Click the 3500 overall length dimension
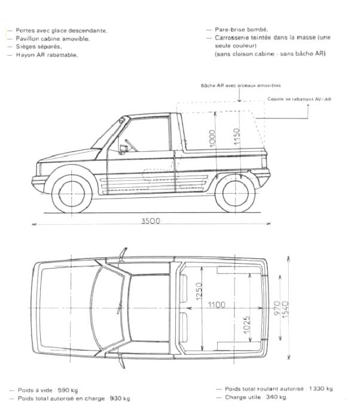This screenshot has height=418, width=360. [x=151, y=221]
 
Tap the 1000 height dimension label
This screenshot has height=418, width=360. [x=212, y=138]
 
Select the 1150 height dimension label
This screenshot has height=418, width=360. [x=237, y=137]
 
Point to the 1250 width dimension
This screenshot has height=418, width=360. [x=199, y=291]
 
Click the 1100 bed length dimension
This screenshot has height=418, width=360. [x=216, y=304]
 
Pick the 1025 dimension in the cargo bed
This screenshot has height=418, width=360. [x=246, y=325]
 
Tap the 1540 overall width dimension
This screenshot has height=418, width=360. [x=285, y=309]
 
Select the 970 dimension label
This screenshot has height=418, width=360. [x=277, y=308]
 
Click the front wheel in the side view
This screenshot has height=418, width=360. [x=72, y=193]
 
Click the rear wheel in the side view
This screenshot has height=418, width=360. [x=235, y=193]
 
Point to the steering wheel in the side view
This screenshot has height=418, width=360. [x=131, y=145]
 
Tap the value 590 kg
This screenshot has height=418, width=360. [x=68, y=390]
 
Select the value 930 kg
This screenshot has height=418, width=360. [x=120, y=398]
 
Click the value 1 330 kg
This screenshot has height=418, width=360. [x=321, y=389]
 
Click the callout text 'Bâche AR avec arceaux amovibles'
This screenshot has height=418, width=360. [x=241, y=86]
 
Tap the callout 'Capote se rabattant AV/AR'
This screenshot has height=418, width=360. [x=299, y=99]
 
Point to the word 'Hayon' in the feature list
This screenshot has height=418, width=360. [x=23, y=55]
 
